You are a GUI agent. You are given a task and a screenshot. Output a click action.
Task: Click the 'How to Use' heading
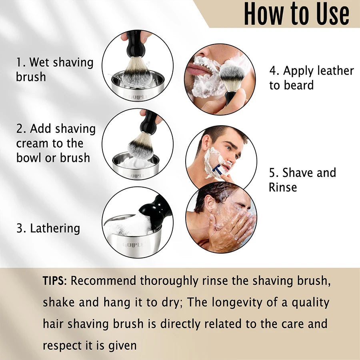tap(296, 14)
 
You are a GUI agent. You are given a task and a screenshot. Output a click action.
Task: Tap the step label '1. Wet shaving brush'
tap(54, 69)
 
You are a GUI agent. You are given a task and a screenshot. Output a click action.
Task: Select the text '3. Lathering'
tap(48, 228)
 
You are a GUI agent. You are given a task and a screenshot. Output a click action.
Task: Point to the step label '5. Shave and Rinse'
tap(302, 180)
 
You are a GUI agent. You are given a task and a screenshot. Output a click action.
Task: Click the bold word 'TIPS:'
tap(55, 281)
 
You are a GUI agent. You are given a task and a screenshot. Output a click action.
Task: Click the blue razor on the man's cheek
tap(218, 170)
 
